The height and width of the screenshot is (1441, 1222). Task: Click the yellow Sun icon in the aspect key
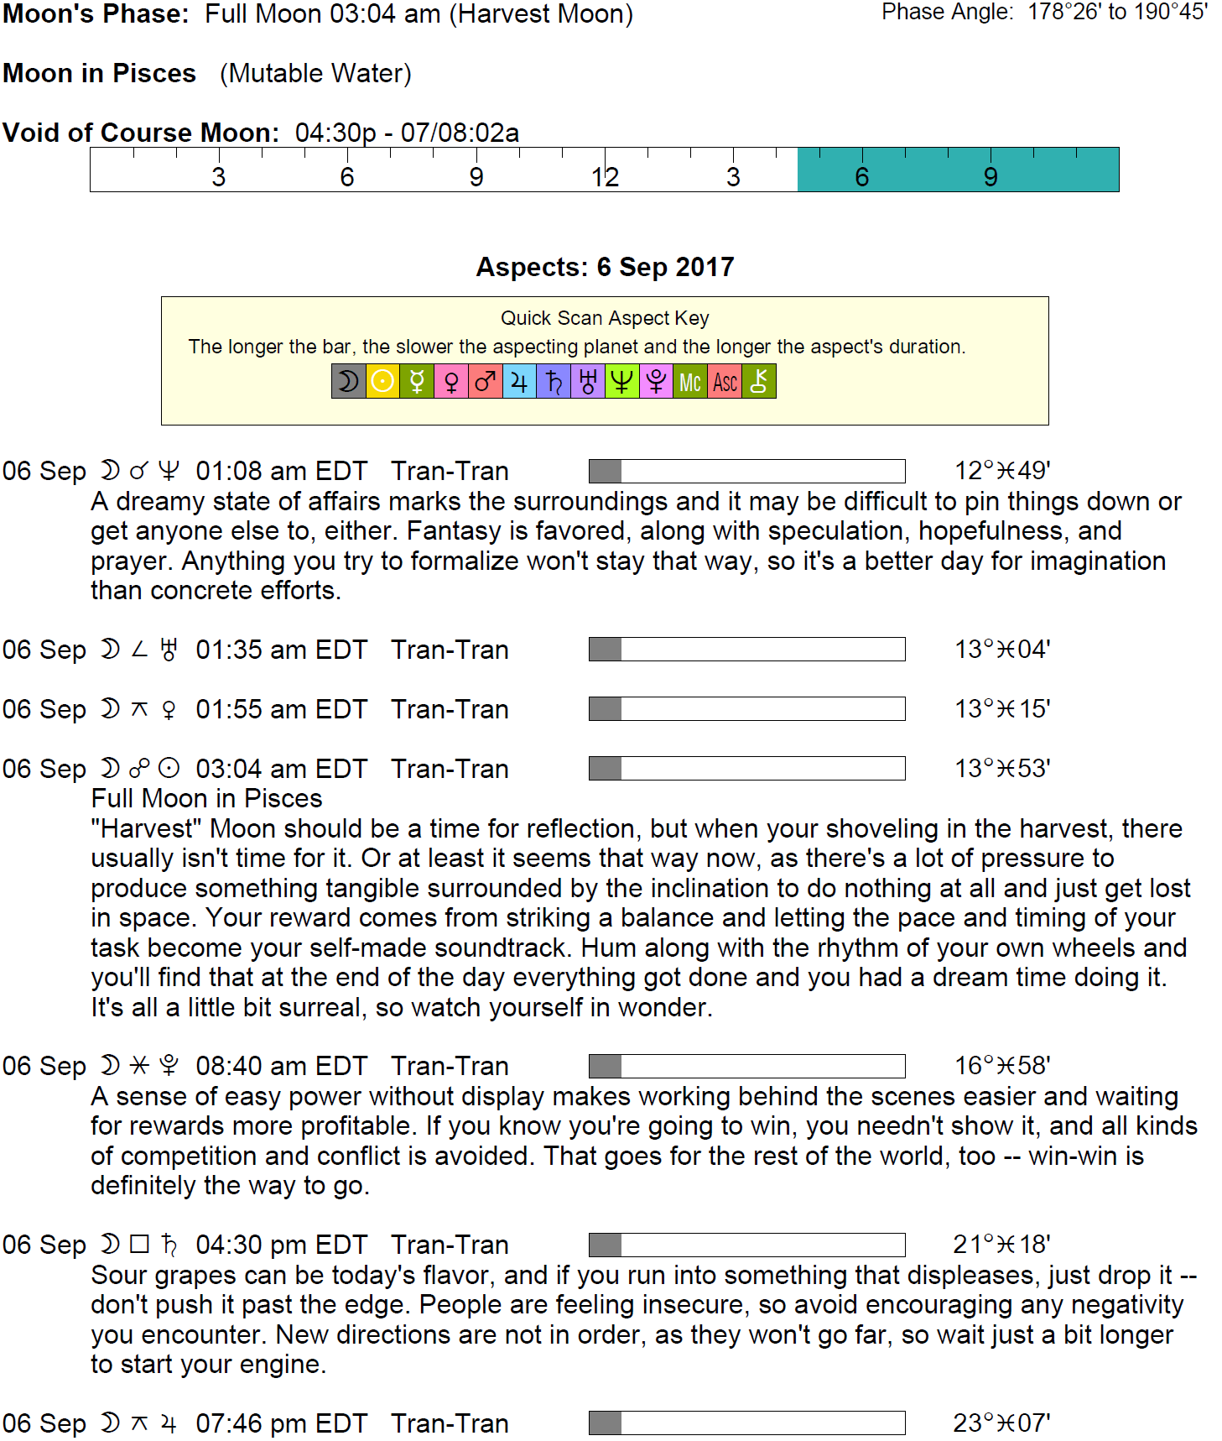point(382,382)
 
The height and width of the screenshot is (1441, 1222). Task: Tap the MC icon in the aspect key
point(690,382)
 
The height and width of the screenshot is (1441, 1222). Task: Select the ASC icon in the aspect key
point(725,382)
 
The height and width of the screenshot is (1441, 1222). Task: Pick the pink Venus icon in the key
point(451,382)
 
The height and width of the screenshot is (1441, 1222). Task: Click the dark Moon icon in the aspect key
point(348,382)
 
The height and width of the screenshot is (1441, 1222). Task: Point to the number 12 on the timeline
point(605,177)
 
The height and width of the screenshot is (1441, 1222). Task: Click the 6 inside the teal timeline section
point(861,177)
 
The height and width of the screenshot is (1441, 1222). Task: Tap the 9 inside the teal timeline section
point(991,177)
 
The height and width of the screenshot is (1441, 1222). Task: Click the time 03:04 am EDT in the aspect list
point(281,769)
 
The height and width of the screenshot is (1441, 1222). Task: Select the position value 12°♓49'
point(1002,471)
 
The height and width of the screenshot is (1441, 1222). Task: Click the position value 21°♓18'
point(1001,1245)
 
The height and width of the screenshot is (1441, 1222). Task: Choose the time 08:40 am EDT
point(281,1066)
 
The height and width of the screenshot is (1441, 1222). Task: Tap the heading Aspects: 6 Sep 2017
point(605,267)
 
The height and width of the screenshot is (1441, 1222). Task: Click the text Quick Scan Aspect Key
point(605,318)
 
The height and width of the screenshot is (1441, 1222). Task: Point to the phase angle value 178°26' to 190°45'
point(1117,12)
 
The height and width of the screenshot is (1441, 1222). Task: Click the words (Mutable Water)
point(315,74)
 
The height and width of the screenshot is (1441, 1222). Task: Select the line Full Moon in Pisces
point(206,798)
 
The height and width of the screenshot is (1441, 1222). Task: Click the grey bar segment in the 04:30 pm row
point(605,1245)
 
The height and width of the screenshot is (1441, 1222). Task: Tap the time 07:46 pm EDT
point(281,1423)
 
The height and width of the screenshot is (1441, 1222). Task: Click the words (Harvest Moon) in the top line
point(541,14)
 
